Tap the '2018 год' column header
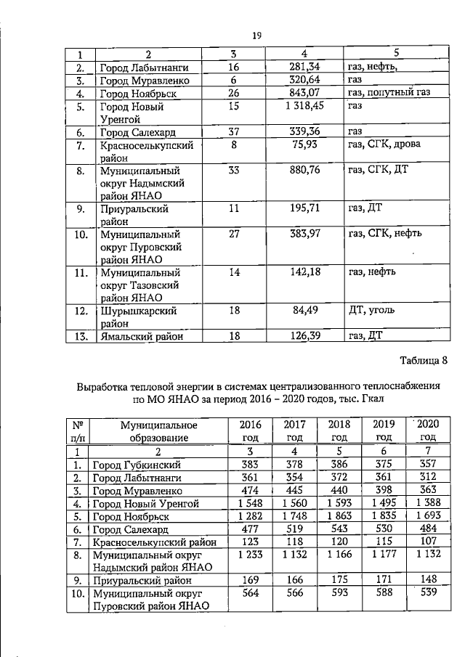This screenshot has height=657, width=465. coord(339,430)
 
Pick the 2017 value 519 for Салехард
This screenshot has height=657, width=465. coord(294,529)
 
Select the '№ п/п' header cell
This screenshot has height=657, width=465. coord(77,430)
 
